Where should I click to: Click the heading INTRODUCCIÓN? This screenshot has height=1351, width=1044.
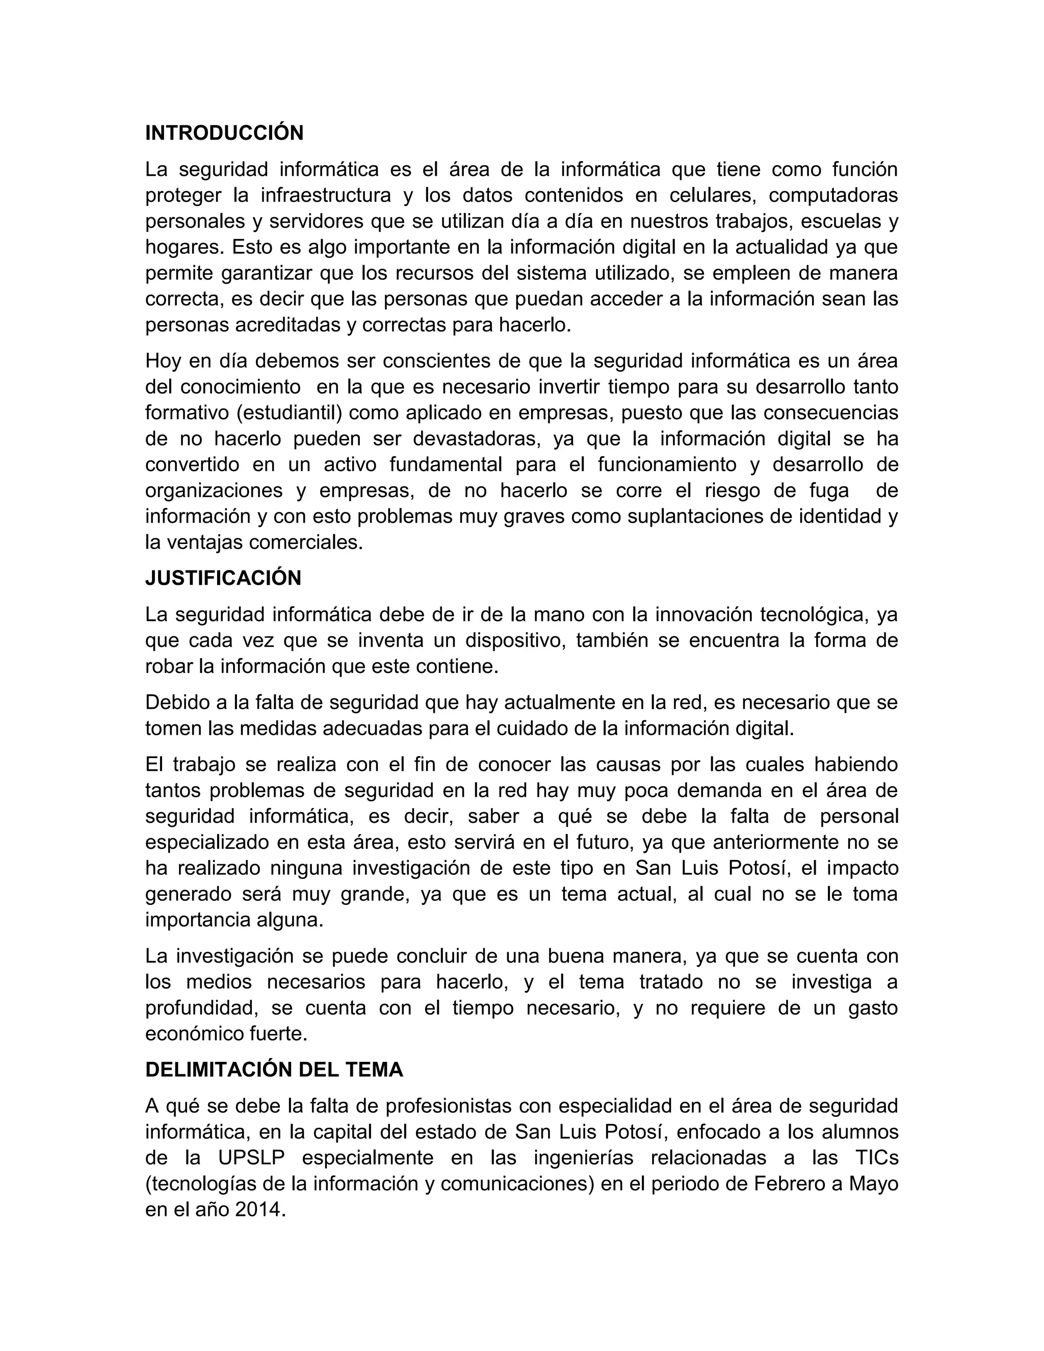[224, 133]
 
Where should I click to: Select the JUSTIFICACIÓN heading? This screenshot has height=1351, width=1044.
[223, 578]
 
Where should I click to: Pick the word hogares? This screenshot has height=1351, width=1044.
[185, 247]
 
